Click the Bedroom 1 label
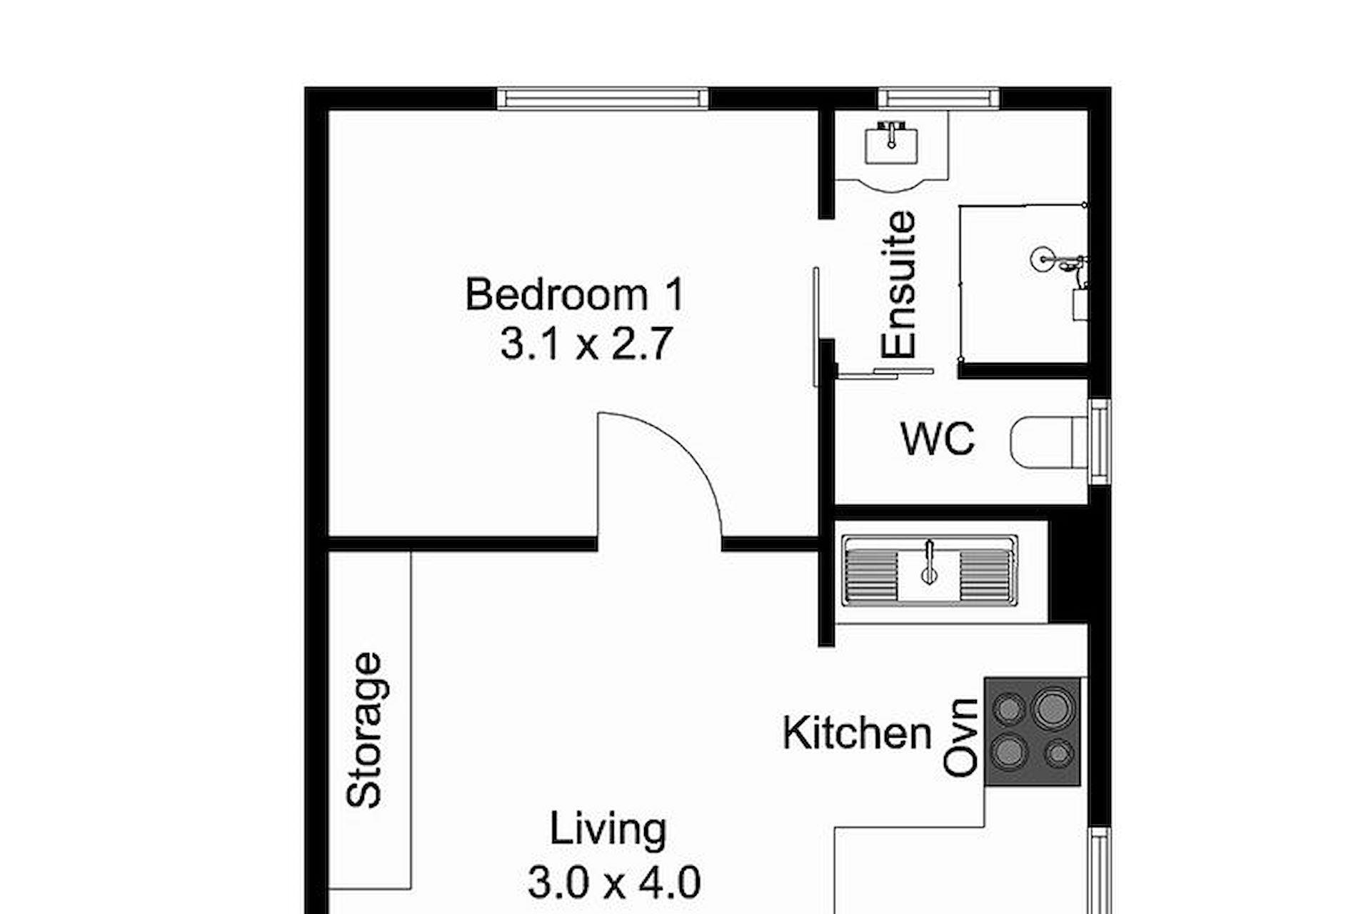(x=575, y=294)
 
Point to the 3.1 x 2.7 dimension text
(x=586, y=344)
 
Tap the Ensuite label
(x=898, y=284)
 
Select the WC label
(x=938, y=438)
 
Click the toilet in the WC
(x=1049, y=443)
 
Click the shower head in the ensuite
(x=1044, y=258)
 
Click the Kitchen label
(x=857, y=733)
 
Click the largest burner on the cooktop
(x=1052, y=708)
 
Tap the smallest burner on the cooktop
(x=1059, y=753)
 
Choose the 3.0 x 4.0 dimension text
(x=614, y=882)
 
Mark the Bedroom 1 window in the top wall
(x=603, y=98)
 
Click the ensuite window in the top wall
(x=938, y=98)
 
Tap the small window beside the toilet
(x=1100, y=442)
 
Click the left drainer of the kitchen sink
(x=871, y=576)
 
